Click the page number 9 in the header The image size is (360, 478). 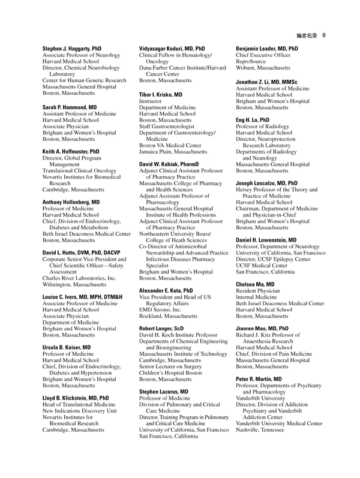coord(323,35)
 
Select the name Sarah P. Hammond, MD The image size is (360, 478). coord(70,107)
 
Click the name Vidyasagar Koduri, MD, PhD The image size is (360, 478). coord(172,47)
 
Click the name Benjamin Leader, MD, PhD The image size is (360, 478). coord(267,47)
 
